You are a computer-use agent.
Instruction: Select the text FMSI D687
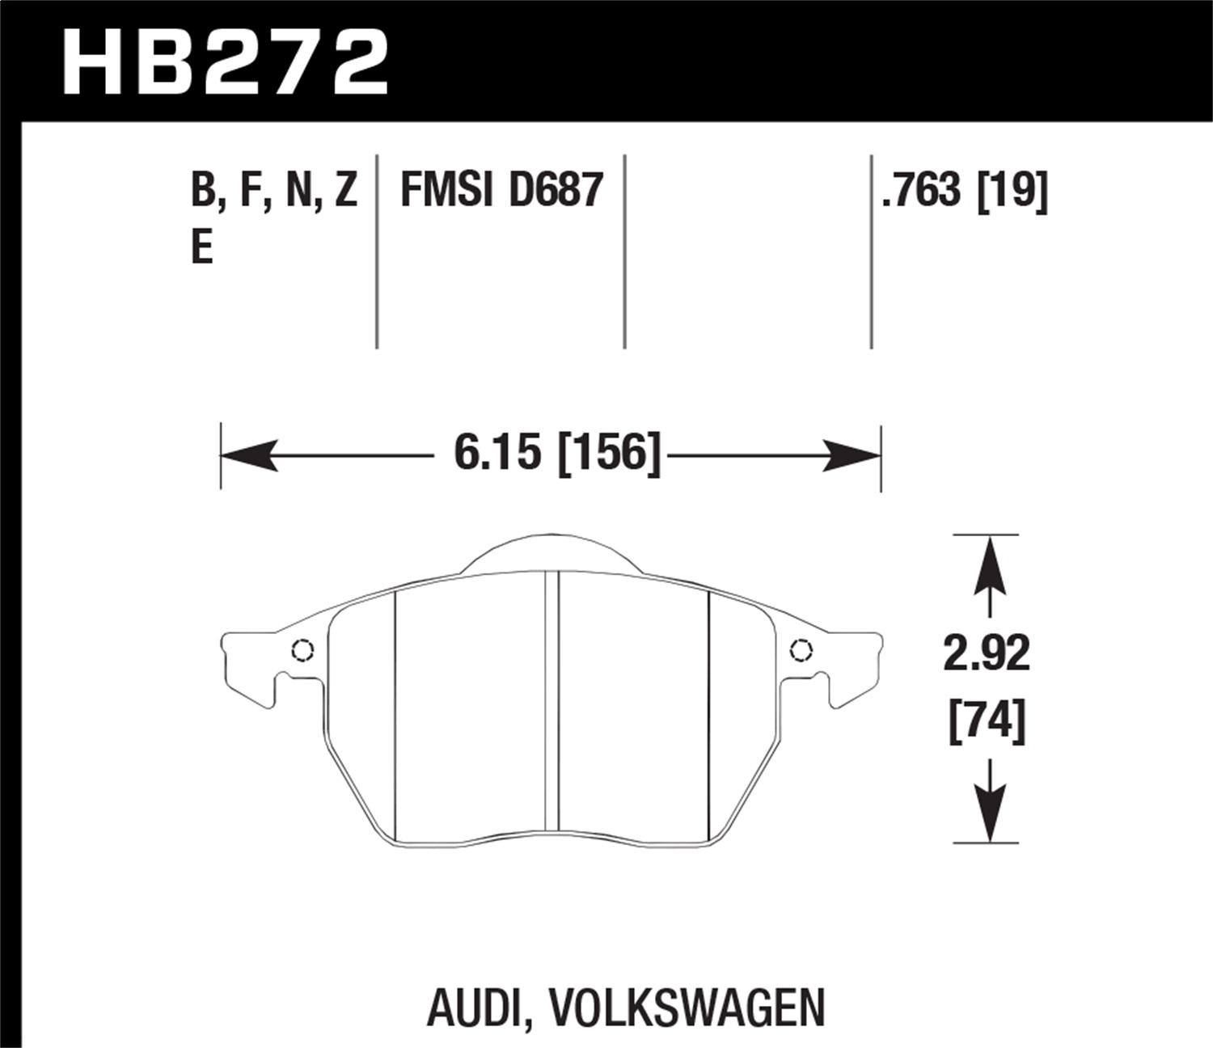(501, 191)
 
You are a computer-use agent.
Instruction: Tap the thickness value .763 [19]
(966, 191)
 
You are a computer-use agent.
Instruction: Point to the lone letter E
(201, 247)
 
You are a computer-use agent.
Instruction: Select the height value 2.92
(987, 653)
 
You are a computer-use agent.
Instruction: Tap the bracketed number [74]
(987, 719)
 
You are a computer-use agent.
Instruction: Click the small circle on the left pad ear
(302, 650)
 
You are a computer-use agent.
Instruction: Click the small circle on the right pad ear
(801, 649)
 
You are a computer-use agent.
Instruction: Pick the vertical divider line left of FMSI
(377, 251)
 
